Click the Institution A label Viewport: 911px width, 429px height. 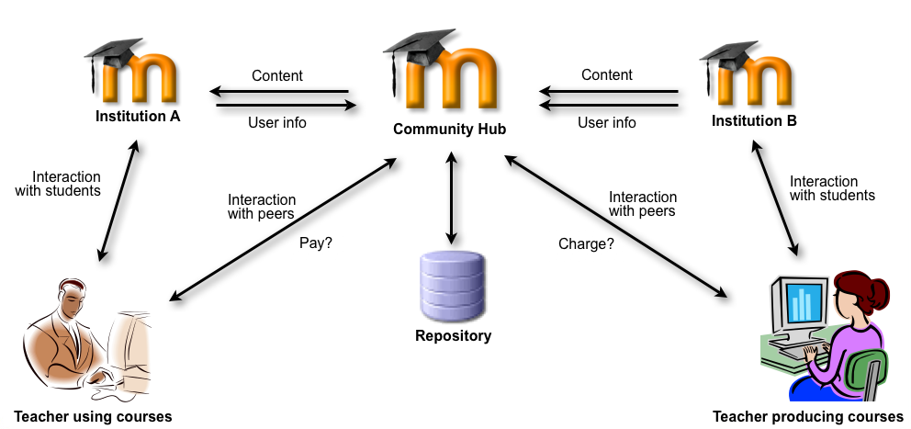(138, 117)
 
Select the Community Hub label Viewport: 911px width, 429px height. (449, 130)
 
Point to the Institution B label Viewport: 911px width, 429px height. (755, 120)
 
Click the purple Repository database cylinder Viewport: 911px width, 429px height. (451, 286)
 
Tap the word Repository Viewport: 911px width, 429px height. (453, 336)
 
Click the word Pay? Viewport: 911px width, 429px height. (315, 243)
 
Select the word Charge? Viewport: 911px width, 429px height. (586, 244)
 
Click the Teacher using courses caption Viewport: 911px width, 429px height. (93, 417)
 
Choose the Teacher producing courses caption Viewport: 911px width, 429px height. (808, 417)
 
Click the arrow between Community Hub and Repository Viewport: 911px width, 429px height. (450, 198)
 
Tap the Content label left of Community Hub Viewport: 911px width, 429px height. (276, 76)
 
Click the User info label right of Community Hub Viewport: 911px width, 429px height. (606, 122)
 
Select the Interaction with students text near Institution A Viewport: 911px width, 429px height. (66, 184)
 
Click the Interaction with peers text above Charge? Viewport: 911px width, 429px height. (643, 204)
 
